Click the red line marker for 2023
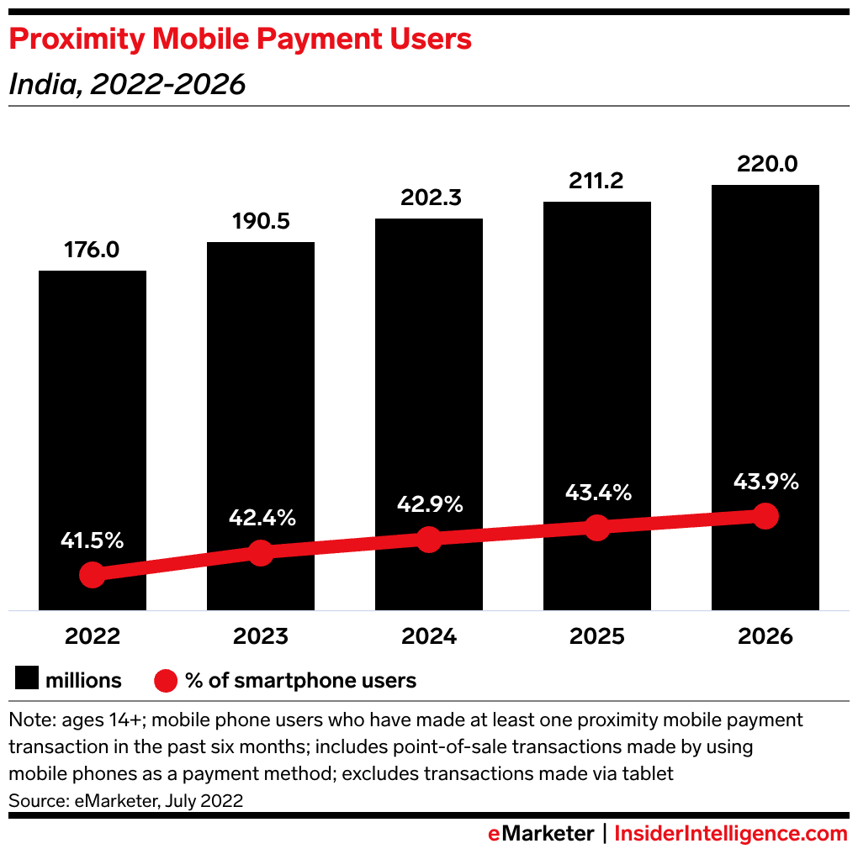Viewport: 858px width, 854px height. [x=261, y=553]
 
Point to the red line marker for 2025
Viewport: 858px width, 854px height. [x=596, y=528]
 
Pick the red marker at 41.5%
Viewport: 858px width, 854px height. [x=93, y=575]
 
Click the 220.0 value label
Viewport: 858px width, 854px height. [x=765, y=164]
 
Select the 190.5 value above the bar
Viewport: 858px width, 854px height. [x=261, y=222]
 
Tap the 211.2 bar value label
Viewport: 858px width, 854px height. [x=596, y=181]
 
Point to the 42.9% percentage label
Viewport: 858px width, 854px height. [x=429, y=504]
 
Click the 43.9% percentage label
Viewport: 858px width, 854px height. [x=765, y=482]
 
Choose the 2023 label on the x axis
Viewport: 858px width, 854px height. [x=261, y=636]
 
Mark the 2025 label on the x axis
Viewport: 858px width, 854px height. [x=596, y=636]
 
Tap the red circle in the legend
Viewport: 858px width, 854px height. [x=166, y=680]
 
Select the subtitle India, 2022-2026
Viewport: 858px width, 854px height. [x=127, y=84]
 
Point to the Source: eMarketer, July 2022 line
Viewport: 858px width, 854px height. [x=125, y=800]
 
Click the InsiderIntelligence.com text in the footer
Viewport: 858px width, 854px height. [x=731, y=834]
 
